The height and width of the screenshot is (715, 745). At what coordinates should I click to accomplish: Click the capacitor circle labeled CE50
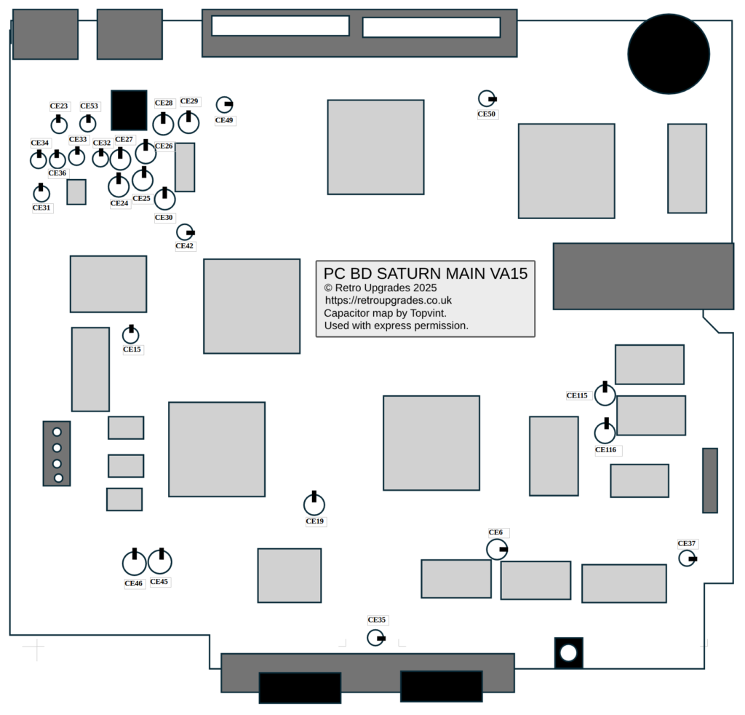486,98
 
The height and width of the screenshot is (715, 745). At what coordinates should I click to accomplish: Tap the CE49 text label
226,120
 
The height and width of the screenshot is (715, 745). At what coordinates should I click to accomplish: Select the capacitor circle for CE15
130,335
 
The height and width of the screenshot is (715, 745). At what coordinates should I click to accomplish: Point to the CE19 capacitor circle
314,504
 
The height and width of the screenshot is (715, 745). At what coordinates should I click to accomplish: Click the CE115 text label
577,395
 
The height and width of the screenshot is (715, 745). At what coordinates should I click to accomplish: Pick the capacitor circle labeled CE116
605,432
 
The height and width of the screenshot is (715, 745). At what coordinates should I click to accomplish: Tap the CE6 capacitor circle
496,549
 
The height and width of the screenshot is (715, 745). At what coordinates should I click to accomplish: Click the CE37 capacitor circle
687,558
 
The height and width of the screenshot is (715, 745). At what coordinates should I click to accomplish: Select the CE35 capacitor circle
375,638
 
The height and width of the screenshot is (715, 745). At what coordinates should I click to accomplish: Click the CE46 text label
134,583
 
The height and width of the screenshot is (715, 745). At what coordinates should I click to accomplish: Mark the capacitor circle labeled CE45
160,561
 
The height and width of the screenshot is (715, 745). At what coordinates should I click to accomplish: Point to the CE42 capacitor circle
185,232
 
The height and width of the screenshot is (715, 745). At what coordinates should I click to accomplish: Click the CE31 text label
42,208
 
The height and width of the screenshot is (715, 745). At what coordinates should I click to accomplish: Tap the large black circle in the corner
668,55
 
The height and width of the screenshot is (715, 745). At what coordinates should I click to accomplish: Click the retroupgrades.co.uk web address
389,300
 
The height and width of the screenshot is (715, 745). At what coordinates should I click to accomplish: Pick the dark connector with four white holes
57,454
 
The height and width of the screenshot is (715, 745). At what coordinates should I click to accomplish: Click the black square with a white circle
568,652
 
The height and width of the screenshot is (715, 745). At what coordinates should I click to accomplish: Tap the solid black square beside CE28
129,110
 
